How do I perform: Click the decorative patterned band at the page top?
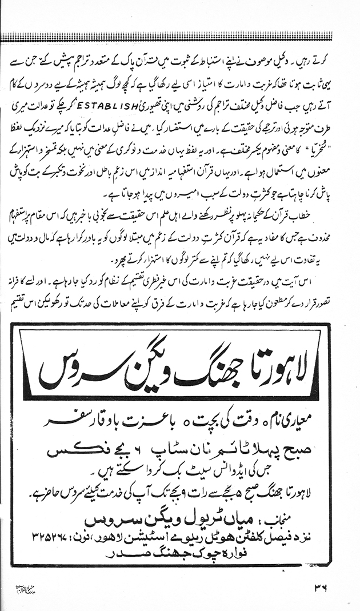coord(180,37)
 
